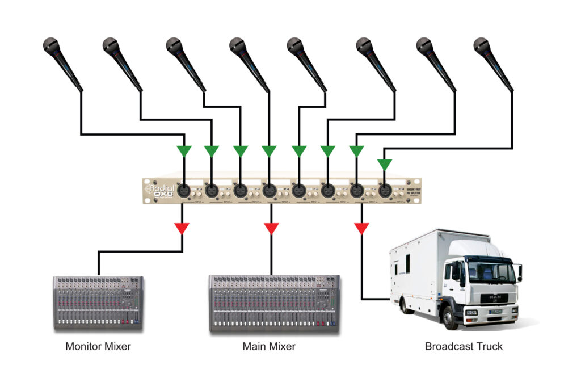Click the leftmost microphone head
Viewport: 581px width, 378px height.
[x=51, y=46]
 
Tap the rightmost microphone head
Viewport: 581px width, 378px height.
[x=481, y=45]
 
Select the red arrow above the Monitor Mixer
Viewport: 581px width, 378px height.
[x=182, y=229]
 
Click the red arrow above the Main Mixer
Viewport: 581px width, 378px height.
[x=271, y=229]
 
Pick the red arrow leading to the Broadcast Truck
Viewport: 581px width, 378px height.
[x=361, y=229]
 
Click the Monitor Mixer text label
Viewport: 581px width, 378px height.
[x=98, y=346]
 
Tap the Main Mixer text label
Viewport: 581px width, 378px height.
[x=269, y=346]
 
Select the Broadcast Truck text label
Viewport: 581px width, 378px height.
[x=464, y=346]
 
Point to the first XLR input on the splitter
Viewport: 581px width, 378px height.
[x=184, y=191]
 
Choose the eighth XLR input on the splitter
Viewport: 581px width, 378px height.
[x=385, y=191]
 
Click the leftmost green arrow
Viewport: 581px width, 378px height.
[x=184, y=151]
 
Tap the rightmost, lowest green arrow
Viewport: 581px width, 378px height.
[x=385, y=165]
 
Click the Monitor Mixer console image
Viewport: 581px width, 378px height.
[x=98, y=302]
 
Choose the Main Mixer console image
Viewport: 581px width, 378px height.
[x=274, y=303]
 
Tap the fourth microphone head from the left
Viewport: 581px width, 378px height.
[x=237, y=45]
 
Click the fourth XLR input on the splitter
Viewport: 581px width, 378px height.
[x=270, y=191]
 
